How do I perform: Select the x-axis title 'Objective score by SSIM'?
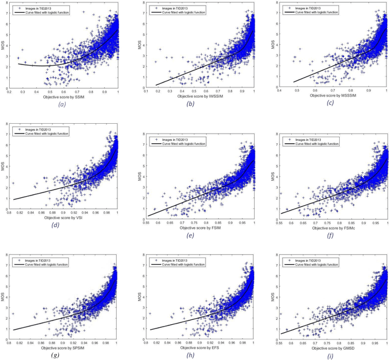(x=64, y=97)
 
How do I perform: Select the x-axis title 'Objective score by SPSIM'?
(x=64, y=348)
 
